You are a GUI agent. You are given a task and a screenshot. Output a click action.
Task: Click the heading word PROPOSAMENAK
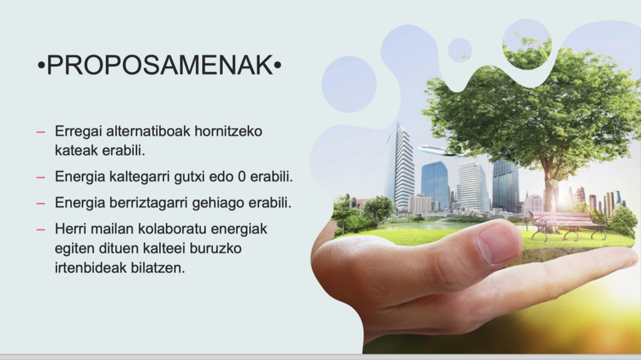160,65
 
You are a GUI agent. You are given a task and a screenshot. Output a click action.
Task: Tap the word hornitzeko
228,131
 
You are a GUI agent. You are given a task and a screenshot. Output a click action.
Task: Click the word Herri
71,229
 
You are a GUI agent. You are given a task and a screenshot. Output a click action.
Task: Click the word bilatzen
158,268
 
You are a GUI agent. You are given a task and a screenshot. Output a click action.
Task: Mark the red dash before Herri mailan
41,230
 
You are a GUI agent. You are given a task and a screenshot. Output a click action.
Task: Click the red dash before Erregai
41,132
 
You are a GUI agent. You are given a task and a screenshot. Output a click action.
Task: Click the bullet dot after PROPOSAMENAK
277,65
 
